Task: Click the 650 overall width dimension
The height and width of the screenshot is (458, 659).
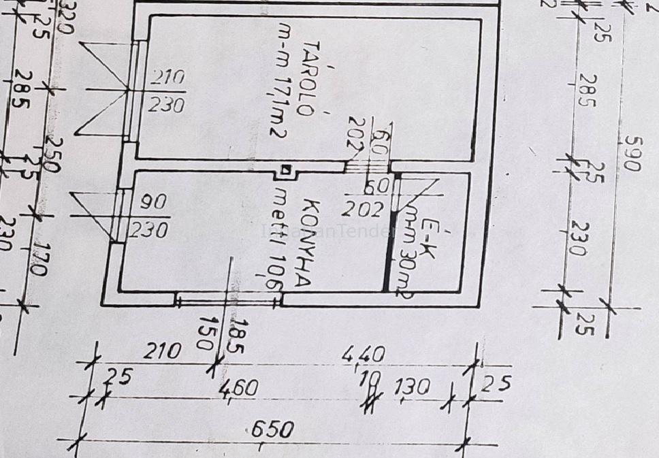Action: click(272, 430)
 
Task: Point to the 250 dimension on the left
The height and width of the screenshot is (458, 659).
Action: click(53, 156)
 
